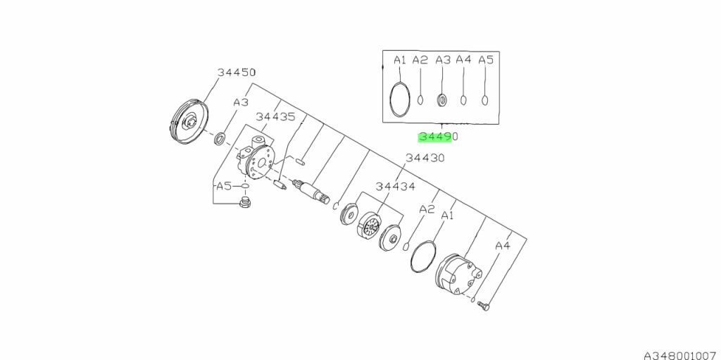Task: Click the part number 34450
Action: pyautogui.click(x=237, y=73)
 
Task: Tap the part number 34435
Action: pyautogui.click(x=275, y=117)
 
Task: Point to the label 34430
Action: pyautogui.click(x=425, y=158)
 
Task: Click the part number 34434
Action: pyautogui.click(x=396, y=187)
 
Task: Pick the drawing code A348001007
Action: pyautogui.click(x=679, y=355)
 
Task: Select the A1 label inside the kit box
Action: pyautogui.click(x=400, y=60)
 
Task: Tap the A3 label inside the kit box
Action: pyautogui.click(x=443, y=60)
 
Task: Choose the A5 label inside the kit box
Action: pyautogui.click(x=486, y=60)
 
